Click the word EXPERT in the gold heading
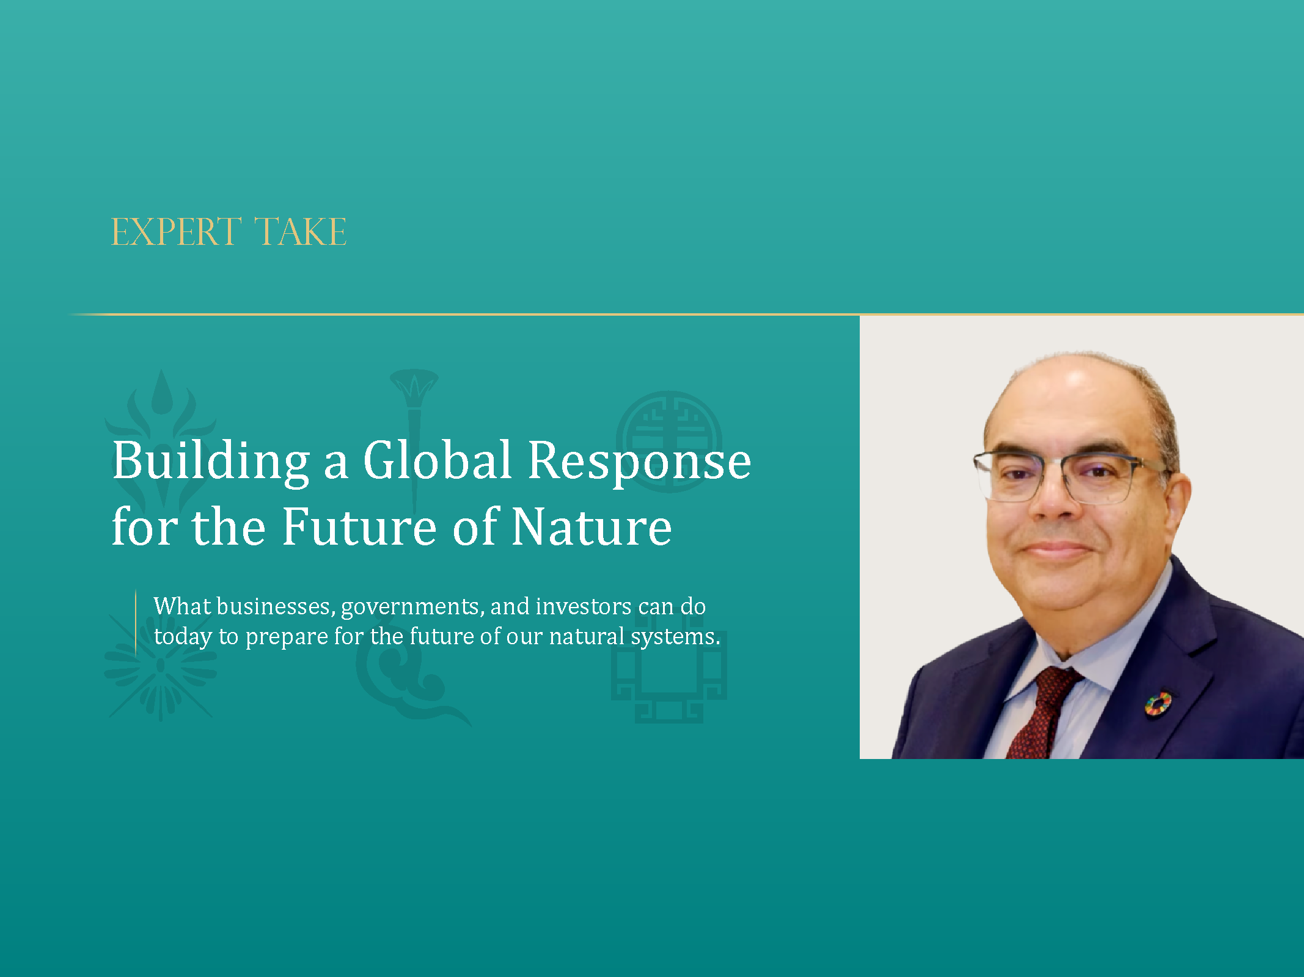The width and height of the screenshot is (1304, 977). coord(176,233)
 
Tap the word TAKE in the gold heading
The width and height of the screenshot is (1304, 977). coord(301,233)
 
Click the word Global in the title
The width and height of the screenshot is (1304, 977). coord(437,460)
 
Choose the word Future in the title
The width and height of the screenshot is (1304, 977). coord(359,527)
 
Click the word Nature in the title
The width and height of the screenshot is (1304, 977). coord(592,527)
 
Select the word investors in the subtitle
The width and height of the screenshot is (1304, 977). coord(583,606)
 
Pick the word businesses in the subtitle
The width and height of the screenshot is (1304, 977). coord(273,606)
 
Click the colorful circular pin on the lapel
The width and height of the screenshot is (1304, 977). coord(1157,703)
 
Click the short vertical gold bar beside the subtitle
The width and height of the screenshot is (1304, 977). coord(136,622)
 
